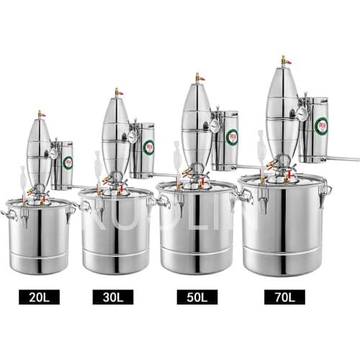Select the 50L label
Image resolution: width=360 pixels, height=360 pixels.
pos(197,295)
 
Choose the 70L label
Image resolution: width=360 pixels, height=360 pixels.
pos(282,295)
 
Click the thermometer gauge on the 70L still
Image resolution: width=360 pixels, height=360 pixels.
pos(301,113)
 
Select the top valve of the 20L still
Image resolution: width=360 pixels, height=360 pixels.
pos(41,114)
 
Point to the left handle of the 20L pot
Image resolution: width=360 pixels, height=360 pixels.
pos(8,215)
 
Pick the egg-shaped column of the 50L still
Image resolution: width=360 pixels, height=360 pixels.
pos(196,122)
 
